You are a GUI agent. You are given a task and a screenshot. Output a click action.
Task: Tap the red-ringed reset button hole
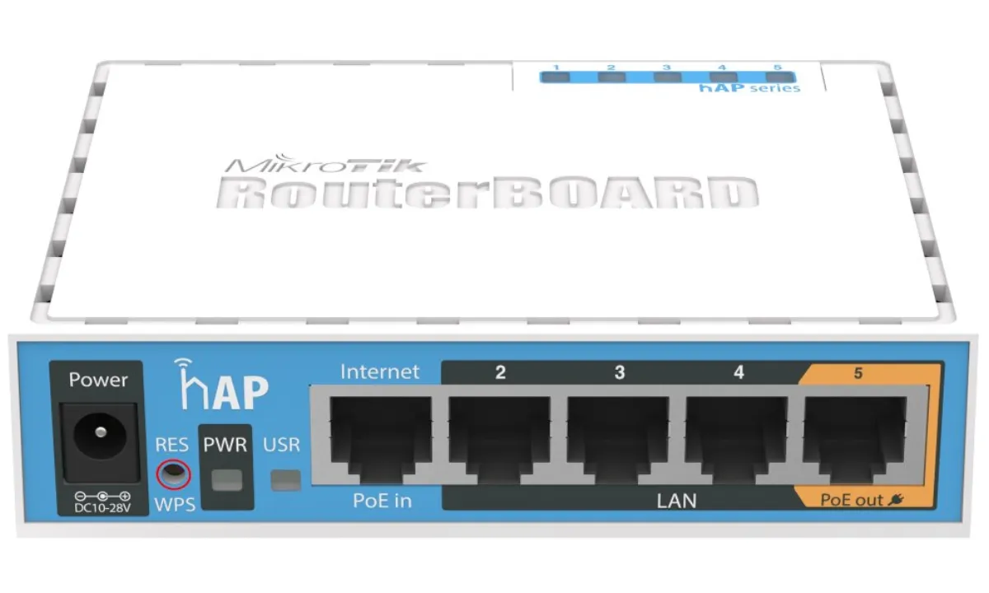[x=174, y=474]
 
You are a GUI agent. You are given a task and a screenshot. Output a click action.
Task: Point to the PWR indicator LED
[x=227, y=480]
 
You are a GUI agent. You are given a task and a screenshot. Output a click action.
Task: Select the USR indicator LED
[x=286, y=480]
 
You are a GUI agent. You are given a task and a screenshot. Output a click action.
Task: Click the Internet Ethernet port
[x=381, y=440]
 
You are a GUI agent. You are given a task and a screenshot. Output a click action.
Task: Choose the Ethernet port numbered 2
[x=499, y=440]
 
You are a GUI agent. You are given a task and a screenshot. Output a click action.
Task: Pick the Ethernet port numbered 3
[x=618, y=440]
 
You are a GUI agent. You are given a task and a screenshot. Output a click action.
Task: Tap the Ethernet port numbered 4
[x=737, y=440]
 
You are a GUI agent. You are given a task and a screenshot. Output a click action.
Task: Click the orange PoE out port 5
[x=855, y=440]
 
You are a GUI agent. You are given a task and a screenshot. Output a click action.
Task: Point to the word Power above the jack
[x=98, y=380]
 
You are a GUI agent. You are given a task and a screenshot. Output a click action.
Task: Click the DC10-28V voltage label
[x=102, y=508]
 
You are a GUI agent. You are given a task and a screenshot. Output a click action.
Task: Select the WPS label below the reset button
[x=175, y=504]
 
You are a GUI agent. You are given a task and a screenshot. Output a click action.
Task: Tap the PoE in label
[x=382, y=501]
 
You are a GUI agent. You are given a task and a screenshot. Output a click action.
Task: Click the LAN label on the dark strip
[x=677, y=502]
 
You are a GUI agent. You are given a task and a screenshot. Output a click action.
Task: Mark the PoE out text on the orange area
[x=851, y=500]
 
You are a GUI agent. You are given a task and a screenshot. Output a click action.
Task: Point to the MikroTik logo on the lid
[x=326, y=163]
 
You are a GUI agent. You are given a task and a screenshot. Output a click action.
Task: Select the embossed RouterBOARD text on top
[x=488, y=193]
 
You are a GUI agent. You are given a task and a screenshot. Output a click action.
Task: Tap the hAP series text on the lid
[x=749, y=88]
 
